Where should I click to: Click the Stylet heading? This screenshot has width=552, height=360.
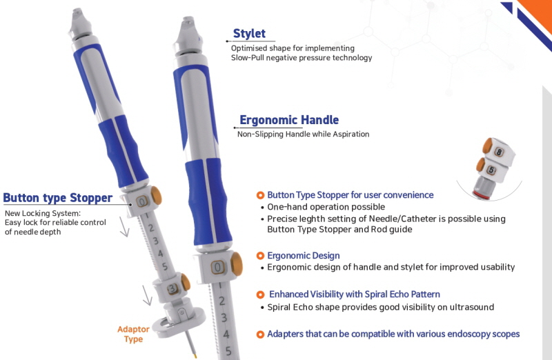click(x=249, y=33)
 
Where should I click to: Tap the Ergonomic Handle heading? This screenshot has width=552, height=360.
click(x=289, y=120)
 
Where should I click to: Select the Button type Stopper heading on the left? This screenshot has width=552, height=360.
click(x=58, y=198)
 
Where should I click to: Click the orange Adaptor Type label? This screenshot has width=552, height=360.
click(x=133, y=334)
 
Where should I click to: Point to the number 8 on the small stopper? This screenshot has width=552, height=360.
click(x=499, y=152)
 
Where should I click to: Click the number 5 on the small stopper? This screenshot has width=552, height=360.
click(x=491, y=170)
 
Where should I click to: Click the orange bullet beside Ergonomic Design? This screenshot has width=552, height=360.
click(x=260, y=256)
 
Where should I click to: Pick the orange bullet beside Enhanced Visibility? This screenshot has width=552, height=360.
click(x=260, y=294)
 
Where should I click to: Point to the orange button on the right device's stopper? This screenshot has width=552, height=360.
click(x=237, y=264)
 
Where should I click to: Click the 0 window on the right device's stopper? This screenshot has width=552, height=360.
click(x=217, y=268)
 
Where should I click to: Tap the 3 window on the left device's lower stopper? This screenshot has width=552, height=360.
click(x=172, y=289)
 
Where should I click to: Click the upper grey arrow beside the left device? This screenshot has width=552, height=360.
click(x=124, y=227)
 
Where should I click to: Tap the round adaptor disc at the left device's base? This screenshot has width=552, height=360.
click(x=180, y=323)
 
